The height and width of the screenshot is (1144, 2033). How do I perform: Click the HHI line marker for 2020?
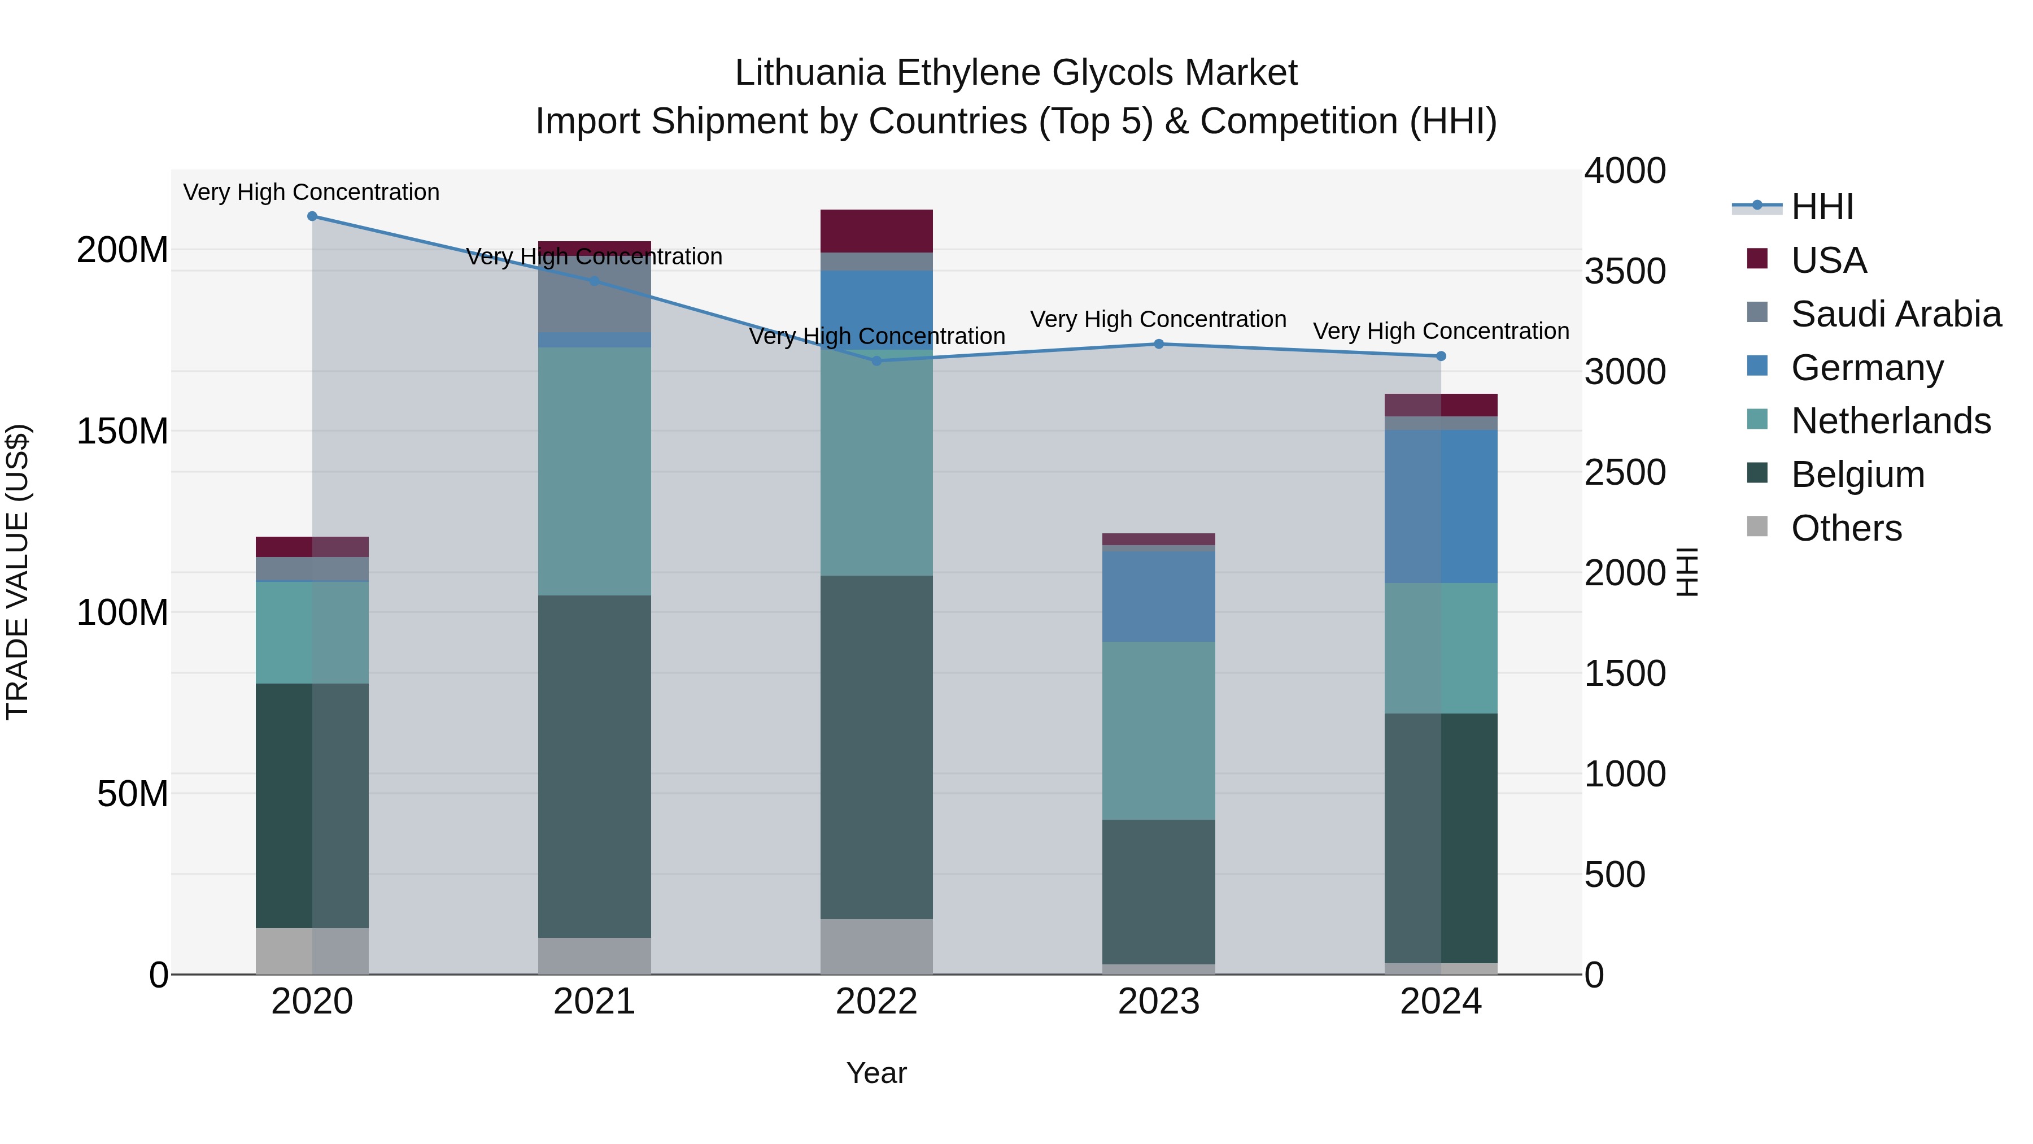pos(312,216)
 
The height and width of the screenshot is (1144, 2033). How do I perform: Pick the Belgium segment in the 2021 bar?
pos(594,766)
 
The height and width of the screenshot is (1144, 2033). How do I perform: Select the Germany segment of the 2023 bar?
pos(1159,596)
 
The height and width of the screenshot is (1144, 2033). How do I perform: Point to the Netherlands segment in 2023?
pos(1159,730)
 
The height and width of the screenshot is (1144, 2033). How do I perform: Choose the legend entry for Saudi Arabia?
pos(1896,314)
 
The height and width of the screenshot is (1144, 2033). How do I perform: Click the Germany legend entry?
pos(1868,368)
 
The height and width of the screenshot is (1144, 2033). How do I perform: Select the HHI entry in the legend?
pos(1821,207)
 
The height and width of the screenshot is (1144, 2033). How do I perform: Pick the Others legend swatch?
pos(1757,526)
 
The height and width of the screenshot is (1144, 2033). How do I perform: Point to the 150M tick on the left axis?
pos(123,432)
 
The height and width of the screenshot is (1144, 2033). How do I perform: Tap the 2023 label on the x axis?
pos(1159,1002)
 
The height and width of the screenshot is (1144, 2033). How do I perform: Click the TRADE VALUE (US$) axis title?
pos(18,572)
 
